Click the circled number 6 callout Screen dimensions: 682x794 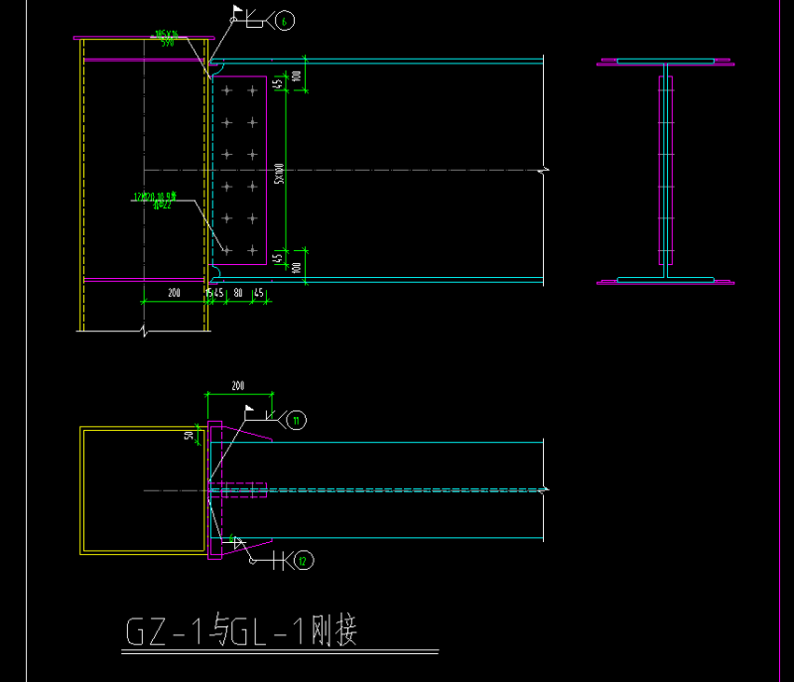286,21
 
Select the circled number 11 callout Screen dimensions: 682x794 296,421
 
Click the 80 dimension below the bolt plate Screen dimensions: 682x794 238,293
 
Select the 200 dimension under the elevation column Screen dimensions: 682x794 175,293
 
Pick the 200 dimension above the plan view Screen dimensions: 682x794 237,385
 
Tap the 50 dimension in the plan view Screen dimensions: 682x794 190,434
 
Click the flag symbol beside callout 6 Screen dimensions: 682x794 237,12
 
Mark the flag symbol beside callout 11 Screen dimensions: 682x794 248,410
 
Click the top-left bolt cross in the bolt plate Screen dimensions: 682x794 227,91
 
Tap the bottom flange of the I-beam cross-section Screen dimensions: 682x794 665,281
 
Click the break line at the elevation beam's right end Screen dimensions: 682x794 543,171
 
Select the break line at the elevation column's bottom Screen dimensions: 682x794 145,329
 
